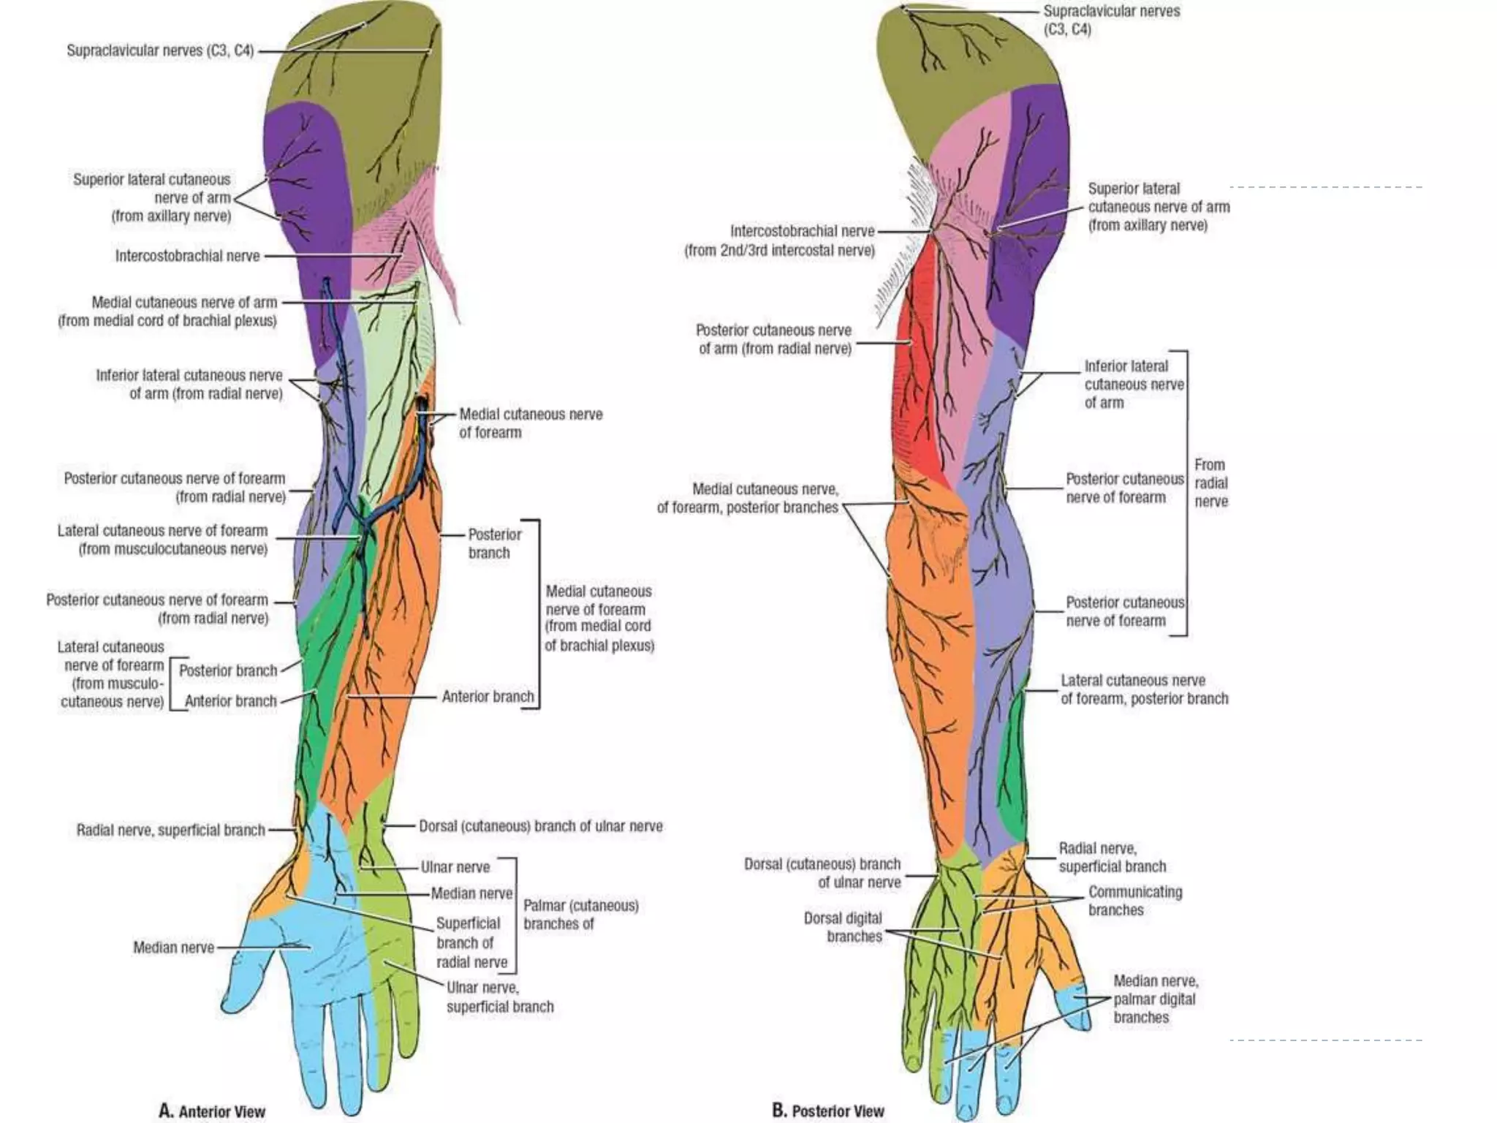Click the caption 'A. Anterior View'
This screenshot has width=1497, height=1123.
pos(212,1111)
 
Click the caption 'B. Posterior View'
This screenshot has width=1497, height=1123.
pos(827,1111)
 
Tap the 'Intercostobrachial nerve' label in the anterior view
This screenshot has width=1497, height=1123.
pos(187,256)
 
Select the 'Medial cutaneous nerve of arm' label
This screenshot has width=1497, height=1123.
pos(168,311)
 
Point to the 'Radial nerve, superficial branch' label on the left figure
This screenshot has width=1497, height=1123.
pos(170,831)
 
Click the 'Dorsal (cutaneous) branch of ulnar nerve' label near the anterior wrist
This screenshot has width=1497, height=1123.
pos(540,826)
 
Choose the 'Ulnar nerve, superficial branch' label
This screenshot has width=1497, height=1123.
pos(500,997)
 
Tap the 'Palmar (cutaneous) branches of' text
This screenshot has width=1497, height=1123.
pos(580,915)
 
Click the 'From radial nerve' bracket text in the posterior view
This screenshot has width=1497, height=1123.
pos(1210,483)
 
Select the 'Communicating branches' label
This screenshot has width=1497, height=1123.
pos(1134,901)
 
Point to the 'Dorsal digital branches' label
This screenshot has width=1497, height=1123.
pos(843,927)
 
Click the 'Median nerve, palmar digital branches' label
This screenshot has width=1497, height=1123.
pos(1155,999)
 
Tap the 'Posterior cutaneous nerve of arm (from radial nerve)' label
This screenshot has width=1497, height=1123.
pos(774,339)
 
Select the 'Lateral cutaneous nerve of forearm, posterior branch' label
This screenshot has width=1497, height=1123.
pos(1143,689)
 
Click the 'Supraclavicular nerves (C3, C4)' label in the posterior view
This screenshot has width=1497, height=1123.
pos(1110,20)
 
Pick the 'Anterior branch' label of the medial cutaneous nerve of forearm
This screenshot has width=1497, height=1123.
pos(488,697)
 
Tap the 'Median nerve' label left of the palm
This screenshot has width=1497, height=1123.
pos(173,948)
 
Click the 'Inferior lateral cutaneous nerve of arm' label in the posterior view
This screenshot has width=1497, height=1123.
pos(1133,384)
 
